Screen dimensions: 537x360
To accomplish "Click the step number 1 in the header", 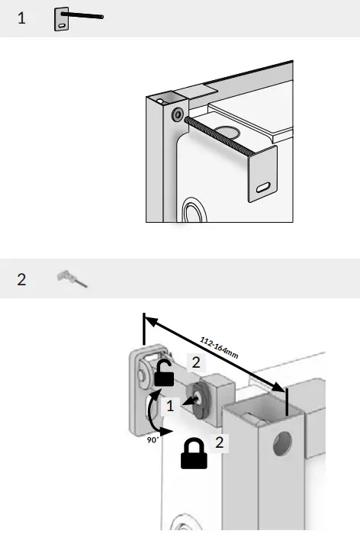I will [x=21, y=18].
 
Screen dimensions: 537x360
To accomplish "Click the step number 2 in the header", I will [x=21, y=279].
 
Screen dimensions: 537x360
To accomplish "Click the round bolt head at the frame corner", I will [x=177, y=114].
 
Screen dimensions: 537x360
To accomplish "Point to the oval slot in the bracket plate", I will [x=262, y=186].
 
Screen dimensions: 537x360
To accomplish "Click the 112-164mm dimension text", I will [x=219, y=348].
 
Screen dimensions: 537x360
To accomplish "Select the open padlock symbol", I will [x=164, y=373].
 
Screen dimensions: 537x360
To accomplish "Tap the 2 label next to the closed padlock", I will [x=218, y=442].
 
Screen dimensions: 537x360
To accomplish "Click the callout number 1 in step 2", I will [x=170, y=406].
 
